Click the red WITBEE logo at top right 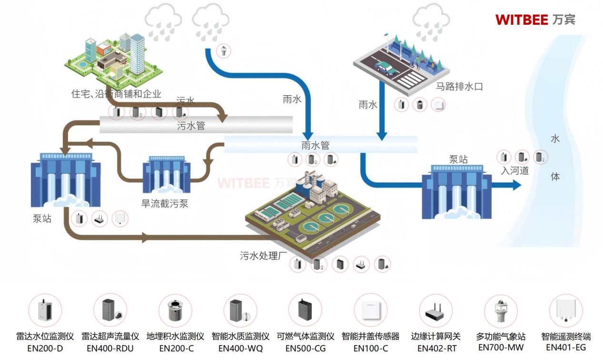pos(535,19)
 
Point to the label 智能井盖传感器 pos(370,336)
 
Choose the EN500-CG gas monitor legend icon pos(305,310)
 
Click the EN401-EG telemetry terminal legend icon pos(566,311)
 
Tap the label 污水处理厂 pos(264,256)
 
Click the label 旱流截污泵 pos(165,204)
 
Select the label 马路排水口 pos(459,87)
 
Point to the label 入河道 pos(514,170)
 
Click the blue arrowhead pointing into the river pos(517,185)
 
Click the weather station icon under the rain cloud pos(224,50)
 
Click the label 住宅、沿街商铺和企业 pos(116,94)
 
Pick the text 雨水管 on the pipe pos(315,146)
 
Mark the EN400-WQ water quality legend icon pos(240,310)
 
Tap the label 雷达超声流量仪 pos(110,336)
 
